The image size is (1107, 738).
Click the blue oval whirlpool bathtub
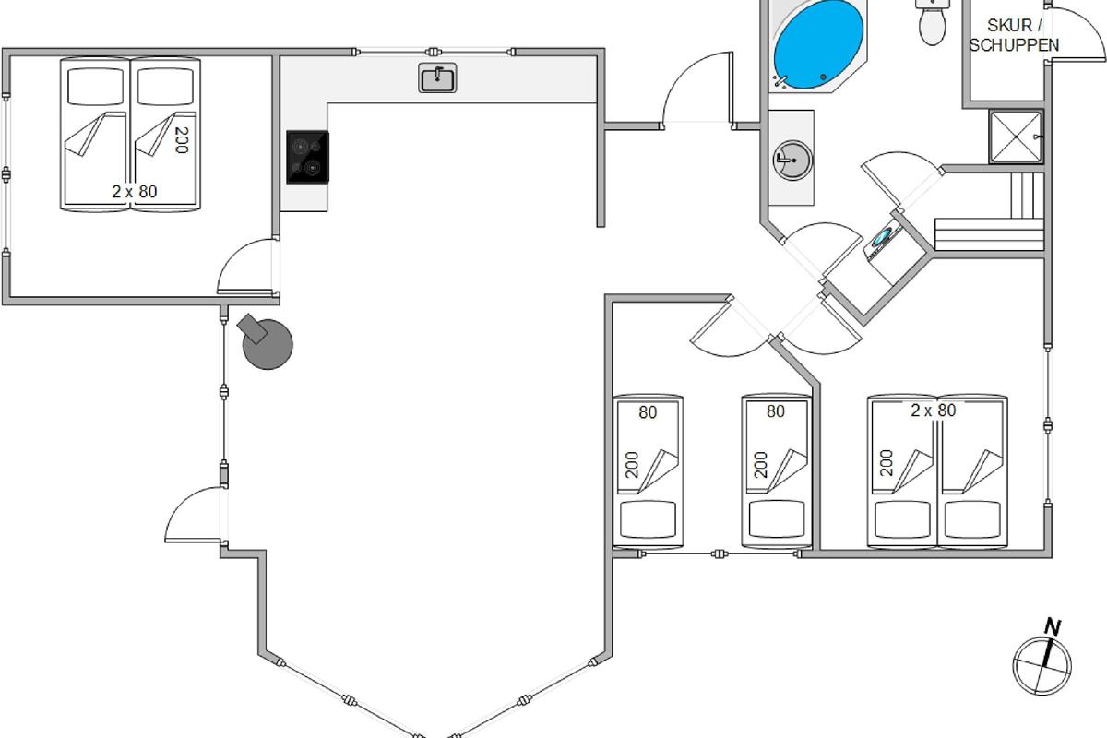[x=818, y=45]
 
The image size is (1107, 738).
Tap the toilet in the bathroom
[x=933, y=22]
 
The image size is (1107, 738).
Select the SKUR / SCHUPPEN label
[x=1014, y=35]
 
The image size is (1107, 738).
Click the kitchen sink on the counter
[x=437, y=78]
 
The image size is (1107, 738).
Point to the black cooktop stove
[x=307, y=157]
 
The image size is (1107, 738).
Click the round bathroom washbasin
[x=792, y=161]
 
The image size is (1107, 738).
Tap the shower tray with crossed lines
[x=1016, y=137]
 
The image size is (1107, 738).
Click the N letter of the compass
[x=1053, y=627]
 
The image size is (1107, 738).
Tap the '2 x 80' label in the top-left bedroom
[x=135, y=192]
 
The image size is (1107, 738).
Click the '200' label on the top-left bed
[x=182, y=140]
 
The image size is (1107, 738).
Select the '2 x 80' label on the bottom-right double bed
[x=933, y=411]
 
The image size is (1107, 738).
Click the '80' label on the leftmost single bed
[x=648, y=412]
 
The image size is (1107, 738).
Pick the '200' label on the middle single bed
[x=761, y=465]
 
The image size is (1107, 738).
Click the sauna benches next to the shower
[x=989, y=211]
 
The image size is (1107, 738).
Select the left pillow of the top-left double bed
[x=95, y=87]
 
